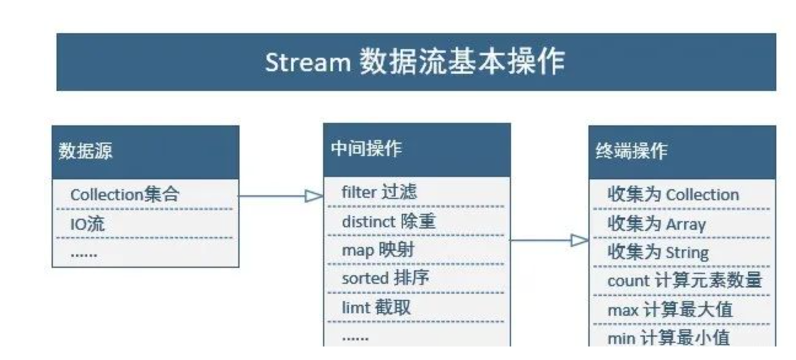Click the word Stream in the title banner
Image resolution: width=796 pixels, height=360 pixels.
click(308, 63)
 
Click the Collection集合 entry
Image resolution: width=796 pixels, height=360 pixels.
click(125, 194)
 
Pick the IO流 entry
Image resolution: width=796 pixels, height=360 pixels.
click(87, 224)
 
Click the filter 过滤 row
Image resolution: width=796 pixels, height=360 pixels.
click(379, 192)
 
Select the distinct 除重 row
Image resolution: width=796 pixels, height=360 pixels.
click(388, 221)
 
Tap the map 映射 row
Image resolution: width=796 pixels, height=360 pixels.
click(378, 250)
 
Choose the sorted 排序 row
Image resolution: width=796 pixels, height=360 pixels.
click(385, 278)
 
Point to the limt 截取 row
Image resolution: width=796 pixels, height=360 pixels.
click(376, 307)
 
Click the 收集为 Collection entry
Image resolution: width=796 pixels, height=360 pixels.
click(673, 194)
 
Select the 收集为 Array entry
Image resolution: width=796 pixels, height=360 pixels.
click(657, 224)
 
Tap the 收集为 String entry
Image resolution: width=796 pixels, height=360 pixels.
click(658, 252)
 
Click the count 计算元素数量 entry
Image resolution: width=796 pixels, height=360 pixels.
click(685, 280)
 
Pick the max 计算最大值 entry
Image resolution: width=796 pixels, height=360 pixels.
click(670, 310)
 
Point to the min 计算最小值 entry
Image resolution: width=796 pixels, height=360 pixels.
click(668, 338)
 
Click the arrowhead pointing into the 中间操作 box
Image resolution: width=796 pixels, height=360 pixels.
click(314, 196)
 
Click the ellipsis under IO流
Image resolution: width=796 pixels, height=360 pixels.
click(84, 255)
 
